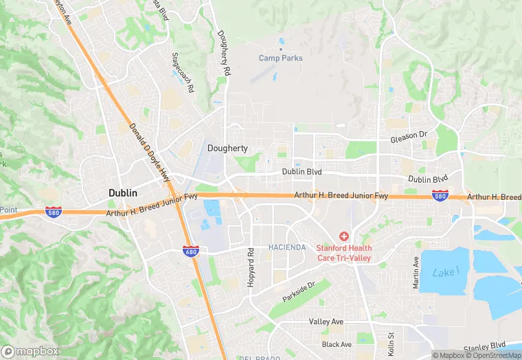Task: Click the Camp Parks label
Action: click(280, 58)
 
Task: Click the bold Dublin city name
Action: click(123, 193)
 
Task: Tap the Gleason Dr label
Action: click(409, 136)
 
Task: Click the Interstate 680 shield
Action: click(191, 251)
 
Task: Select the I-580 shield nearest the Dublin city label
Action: click(53, 212)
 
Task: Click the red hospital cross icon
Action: click(343, 236)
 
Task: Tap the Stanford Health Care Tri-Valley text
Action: click(343, 253)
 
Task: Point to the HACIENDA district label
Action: click(287, 247)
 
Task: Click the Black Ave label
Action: click(336, 344)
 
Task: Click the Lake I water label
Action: click(444, 273)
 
